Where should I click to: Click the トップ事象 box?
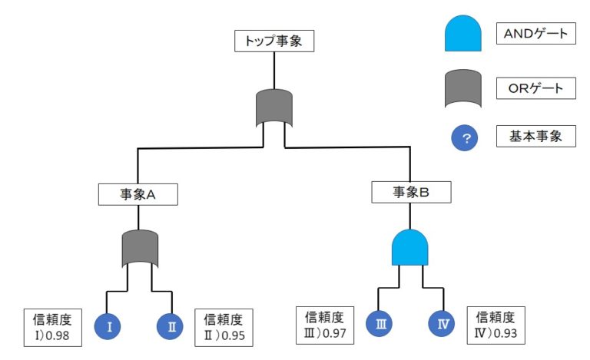pyautogui.click(x=274, y=41)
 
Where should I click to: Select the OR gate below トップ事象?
pyautogui.click(x=274, y=107)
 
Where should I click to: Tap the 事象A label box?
pyautogui.click(x=138, y=194)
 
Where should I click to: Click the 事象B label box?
pyautogui.click(x=410, y=192)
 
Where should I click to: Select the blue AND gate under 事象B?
pyautogui.click(x=410, y=246)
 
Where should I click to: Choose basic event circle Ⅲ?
pyautogui.click(x=380, y=324)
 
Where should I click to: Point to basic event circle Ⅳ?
pyautogui.click(x=442, y=324)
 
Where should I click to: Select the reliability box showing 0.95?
pyautogui.click(x=224, y=326)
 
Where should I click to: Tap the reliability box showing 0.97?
pyautogui.click(x=326, y=324)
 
